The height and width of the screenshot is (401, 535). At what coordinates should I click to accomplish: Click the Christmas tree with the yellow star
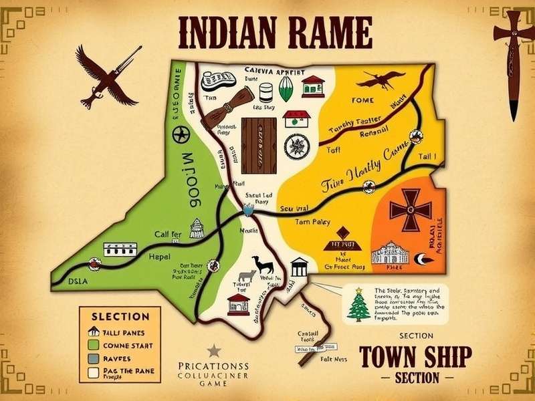(x=359, y=307)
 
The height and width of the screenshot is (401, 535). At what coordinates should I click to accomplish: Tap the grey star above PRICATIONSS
(x=213, y=350)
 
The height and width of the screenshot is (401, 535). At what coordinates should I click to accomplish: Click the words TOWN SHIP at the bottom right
(x=415, y=356)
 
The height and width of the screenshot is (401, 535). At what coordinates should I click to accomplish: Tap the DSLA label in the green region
(x=79, y=281)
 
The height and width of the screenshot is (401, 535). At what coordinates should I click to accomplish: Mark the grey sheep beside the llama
(x=245, y=274)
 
